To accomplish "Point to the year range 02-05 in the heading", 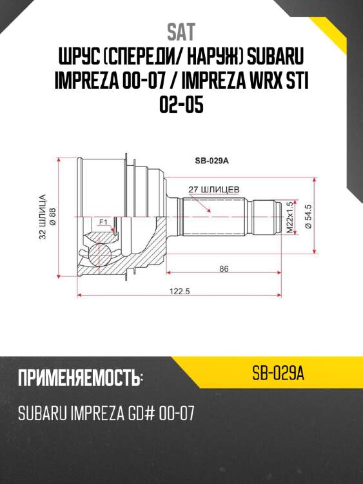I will coord(181,104).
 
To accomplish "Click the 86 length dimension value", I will coord(224,269).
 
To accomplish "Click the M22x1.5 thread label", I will coord(289,219).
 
